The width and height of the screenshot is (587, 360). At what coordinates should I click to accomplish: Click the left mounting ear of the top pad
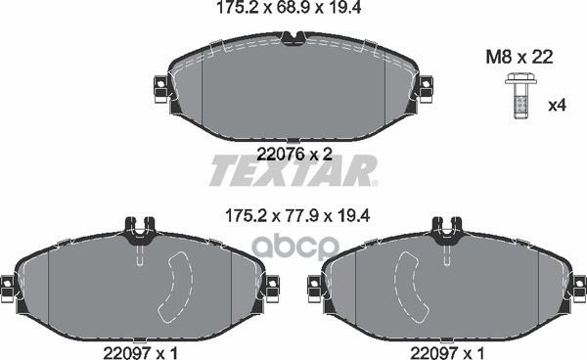coord(160,89)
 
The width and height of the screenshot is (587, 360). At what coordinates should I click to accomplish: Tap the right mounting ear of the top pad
coord(425,89)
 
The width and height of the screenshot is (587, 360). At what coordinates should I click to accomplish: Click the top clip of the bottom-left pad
coord(140,230)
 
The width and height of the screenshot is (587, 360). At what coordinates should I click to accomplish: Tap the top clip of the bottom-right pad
coord(445,230)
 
